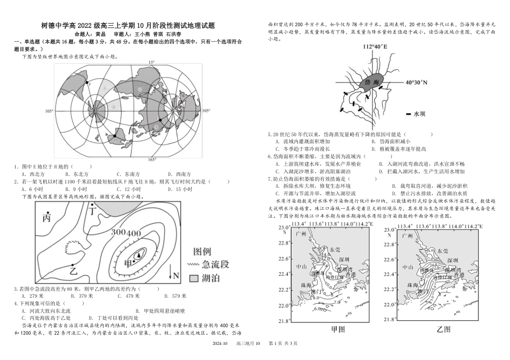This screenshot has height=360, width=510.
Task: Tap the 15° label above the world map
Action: pos(151,63)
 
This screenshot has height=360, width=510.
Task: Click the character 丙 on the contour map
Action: pos(47,219)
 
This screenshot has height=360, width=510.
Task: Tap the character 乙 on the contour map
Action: pos(74,270)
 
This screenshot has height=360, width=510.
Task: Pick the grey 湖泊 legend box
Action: pos(195,277)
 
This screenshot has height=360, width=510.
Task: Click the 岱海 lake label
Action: pos(372,82)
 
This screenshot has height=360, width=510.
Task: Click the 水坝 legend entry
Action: pos(414,114)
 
